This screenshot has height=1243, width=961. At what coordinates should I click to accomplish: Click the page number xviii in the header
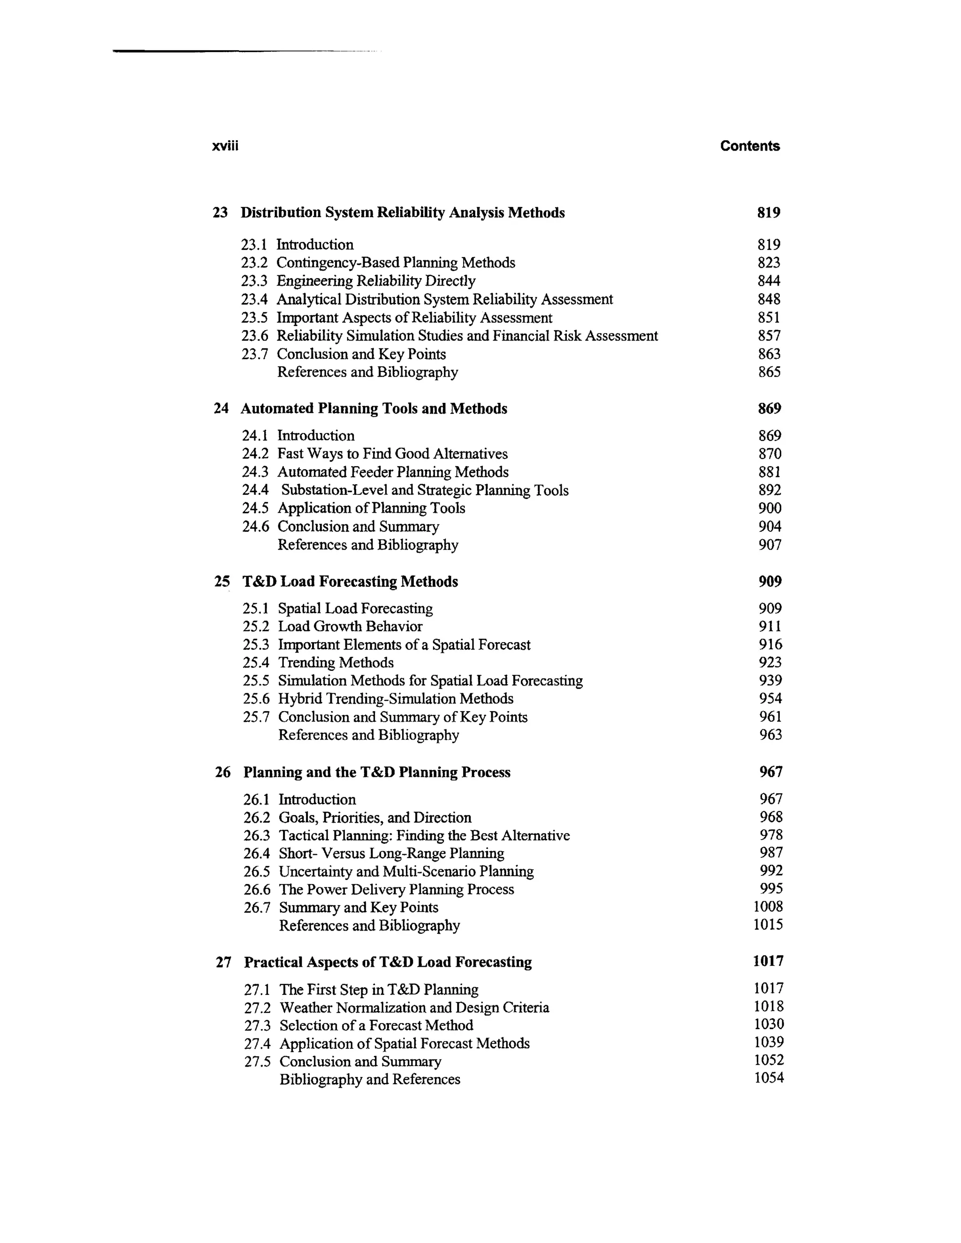[x=225, y=146]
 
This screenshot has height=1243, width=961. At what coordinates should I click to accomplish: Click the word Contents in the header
[x=749, y=146]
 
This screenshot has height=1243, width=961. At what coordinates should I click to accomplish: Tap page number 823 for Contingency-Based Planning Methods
[x=769, y=263]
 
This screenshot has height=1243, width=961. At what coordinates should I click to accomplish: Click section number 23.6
[x=254, y=336]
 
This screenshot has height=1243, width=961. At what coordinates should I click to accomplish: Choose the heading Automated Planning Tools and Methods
[x=374, y=409]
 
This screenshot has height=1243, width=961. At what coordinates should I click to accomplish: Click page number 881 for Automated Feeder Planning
[x=769, y=472]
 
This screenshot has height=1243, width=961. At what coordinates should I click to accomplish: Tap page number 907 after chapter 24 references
[x=770, y=545]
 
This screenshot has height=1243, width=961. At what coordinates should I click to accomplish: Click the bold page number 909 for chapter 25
[x=770, y=582]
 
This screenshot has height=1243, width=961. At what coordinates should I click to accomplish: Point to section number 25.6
[x=256, y=699]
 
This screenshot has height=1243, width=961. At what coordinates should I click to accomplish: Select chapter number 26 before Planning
[x=222, y=773]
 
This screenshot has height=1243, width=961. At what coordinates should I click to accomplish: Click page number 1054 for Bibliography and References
[x=769, y=1078]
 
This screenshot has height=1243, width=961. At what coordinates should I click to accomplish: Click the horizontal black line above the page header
[x=228, y=51]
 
